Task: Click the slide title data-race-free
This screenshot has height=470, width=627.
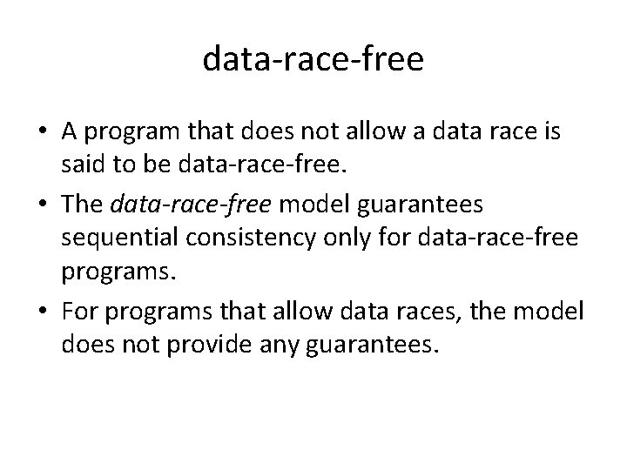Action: tap(313, 60)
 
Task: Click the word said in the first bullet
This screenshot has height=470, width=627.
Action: tap(82, 164)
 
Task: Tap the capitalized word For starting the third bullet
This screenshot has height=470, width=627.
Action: tap(82, 312)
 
